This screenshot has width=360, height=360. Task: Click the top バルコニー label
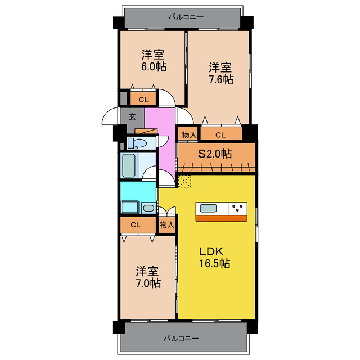[x=185, y=17]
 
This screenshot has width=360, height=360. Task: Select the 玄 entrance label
[x=132, y=117]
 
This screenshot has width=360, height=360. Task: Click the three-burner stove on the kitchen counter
[x=238, y=209]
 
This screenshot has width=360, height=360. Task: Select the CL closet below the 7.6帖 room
[x=220, y=134]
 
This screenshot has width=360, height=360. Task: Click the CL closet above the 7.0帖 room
[x=135, y=224]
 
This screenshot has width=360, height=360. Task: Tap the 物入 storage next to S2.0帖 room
[x=188, y=134]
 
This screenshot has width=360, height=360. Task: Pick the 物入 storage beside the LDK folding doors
[x=166, y=224]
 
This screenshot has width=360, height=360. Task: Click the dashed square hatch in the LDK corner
[x=184, y=181]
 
